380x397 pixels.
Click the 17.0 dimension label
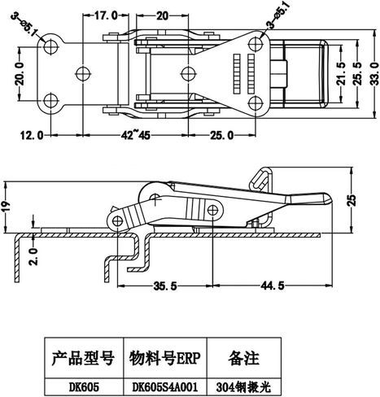106,15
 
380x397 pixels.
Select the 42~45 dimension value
135,135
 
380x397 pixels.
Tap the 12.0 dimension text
32,135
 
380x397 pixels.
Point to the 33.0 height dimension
375,74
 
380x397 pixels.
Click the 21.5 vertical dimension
342,73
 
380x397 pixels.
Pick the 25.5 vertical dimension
359,74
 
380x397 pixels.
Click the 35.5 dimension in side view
165,286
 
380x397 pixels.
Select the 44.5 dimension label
273,286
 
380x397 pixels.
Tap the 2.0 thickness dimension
34,256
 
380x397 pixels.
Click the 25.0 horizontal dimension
222,135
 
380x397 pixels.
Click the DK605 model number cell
84,387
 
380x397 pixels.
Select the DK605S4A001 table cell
165,387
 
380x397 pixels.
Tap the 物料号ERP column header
165,358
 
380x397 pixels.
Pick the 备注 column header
244,358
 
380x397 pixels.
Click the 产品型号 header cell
83,358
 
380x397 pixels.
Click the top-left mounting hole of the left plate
50,46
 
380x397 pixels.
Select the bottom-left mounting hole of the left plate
50,101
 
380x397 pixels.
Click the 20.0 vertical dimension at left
20,73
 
